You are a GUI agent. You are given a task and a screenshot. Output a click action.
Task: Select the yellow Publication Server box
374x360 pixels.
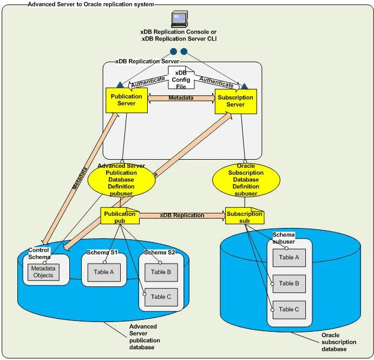(126, 100)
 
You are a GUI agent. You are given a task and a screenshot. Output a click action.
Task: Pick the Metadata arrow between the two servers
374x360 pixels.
(181, 98)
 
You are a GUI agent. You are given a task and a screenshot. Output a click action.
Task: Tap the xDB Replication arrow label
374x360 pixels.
(182, 215)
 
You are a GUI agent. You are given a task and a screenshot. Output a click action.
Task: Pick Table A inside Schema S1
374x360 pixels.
(104, 272)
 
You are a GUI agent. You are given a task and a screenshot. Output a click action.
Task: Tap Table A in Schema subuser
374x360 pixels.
(289, 258)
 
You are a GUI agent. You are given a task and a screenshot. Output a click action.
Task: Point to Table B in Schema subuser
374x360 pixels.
(289, 283)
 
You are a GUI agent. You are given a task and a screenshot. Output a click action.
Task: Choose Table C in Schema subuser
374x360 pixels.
(289, 309)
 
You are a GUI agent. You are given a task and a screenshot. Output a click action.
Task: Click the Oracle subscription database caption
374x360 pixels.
(339, 342)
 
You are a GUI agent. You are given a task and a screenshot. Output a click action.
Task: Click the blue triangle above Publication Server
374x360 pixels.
(119, 86)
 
